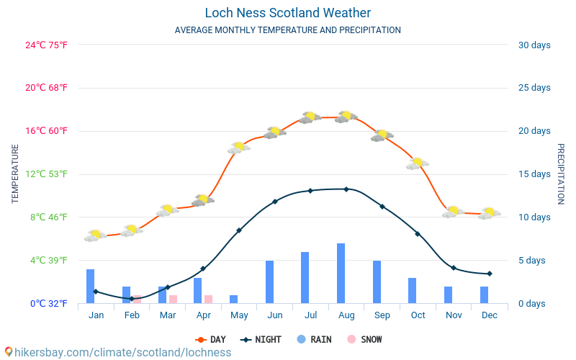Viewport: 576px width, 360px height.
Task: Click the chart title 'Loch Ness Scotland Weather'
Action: pos(287,13)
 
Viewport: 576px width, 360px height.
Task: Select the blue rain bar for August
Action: pos(341,274)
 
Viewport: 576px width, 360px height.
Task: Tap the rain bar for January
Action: pos(91,286)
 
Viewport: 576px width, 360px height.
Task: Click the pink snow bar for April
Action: pos(208,299)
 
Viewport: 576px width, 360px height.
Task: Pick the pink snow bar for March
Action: pos(173,299)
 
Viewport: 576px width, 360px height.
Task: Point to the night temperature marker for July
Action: pos(310,191)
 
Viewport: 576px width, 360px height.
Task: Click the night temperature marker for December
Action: pos(490,274)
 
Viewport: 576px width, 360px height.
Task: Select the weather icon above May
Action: pos(238,148)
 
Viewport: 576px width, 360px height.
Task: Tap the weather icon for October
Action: pos(417,163)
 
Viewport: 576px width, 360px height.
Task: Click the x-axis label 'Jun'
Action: pos(274,315)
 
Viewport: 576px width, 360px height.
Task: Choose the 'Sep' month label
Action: pos(382,315)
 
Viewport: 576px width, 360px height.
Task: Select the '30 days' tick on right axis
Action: pos(534,45)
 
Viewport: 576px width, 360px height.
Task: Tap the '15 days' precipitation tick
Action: pos(534,174)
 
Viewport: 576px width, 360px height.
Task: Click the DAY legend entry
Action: pos(210,339)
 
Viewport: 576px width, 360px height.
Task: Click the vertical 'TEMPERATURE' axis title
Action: pos(15,174)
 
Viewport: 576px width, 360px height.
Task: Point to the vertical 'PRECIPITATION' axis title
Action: pos(561,174)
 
